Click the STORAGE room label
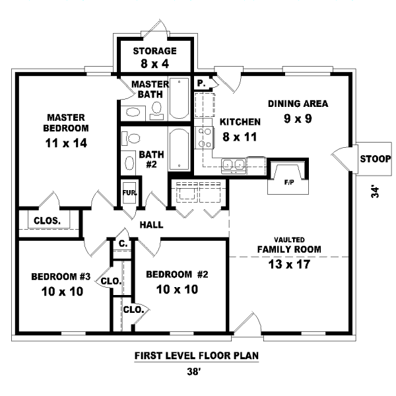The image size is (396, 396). pos(154,51)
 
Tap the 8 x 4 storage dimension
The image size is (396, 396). pos(154,64)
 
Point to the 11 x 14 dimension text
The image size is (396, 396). pos(66,142)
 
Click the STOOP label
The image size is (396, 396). pos(375,159)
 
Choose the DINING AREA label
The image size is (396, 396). pos(298,104)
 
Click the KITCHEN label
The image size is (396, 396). pos(240,122)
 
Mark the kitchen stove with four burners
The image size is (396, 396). pos(205,137)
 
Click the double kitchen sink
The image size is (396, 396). pos(234,164)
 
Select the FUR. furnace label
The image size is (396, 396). pos(129,193)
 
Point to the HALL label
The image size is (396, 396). pos(151,225)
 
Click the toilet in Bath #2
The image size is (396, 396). pos(133,139)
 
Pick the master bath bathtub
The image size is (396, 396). pos(179,99)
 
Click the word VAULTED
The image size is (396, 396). pos(289,239)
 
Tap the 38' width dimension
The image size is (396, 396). pos(196,371)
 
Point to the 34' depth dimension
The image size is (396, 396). pos(376,192)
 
